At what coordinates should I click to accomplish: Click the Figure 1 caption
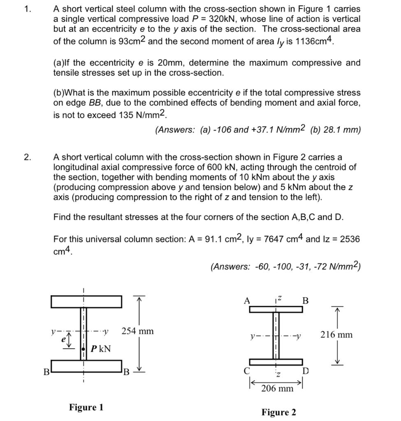click(86, 407)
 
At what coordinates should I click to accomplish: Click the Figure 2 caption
click(278, 412)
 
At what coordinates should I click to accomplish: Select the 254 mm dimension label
click(137, 331)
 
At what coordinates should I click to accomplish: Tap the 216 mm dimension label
click(336, 335)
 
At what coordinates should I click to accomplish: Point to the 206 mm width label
click(277, 388)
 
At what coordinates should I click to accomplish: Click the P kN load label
click(101, 349)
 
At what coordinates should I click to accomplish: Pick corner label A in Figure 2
click(247, 301)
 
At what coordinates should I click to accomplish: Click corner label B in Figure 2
click(305, 301)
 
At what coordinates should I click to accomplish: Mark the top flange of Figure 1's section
click(86, 301)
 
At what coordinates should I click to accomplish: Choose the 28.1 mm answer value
click(340, 130)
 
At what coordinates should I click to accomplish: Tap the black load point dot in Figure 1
click(83, 349)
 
